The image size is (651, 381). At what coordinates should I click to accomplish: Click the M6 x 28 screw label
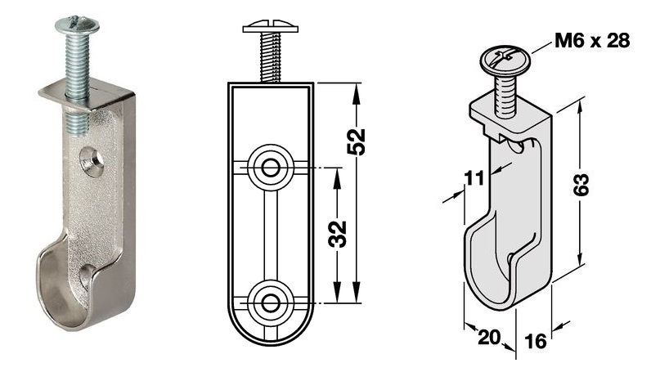(x=592, y=41)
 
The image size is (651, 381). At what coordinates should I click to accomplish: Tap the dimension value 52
(x=357, y=142)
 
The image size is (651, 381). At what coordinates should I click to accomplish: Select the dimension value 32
(x=338, y=234)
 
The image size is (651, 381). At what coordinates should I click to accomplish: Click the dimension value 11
(x=474, y=178)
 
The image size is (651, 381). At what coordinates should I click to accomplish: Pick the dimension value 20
(x=489, y=337)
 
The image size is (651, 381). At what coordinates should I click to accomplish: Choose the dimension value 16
(x=535, y=341)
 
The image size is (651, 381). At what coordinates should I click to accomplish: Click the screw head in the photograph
(x=77, y=25)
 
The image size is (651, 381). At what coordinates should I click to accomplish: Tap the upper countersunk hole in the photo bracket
(x=92, y=161)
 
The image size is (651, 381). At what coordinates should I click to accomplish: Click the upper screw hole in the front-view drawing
(x=271, y=168)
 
